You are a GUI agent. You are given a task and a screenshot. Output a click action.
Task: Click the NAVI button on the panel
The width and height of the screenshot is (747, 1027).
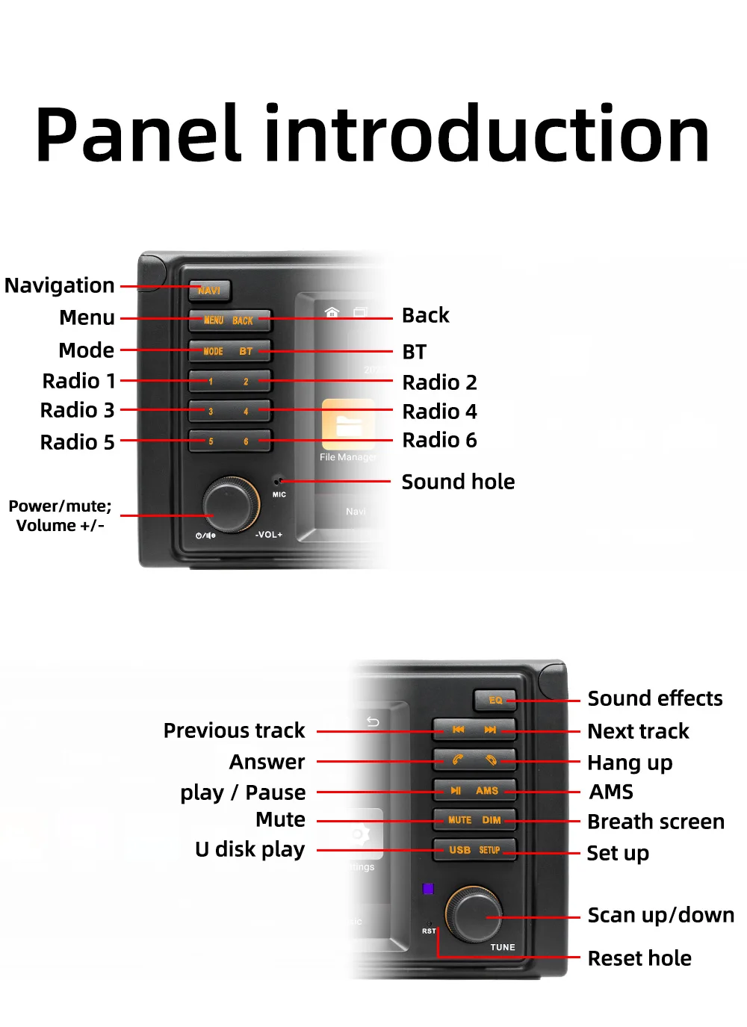click(x=209, y=290)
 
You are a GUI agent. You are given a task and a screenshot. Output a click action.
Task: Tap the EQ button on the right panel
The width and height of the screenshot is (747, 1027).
click(x=495, y=700)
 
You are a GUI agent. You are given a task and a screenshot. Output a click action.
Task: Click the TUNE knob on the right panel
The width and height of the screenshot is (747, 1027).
click(x=474, y=914)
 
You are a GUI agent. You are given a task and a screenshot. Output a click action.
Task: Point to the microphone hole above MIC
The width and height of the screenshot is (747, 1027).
click(x=279, y=481)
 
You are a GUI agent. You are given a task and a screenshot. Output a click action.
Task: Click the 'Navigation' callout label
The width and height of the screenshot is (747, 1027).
click(x=60, y=285)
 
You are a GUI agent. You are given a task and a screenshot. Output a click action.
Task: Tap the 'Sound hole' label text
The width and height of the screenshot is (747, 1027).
click(x=458, y=482)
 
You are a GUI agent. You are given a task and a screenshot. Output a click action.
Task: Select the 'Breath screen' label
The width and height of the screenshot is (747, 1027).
click(x=655, y=822)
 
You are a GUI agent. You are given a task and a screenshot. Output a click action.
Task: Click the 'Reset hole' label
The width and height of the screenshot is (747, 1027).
click(x=639, y=958)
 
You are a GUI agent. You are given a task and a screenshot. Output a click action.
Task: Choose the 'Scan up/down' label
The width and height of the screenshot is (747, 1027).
click(x=660, y=915)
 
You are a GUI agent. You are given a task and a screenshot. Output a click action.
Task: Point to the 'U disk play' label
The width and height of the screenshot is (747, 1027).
click(x=249, y=849)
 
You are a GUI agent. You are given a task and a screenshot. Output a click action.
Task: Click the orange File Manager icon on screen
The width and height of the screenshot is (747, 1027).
click(x=348, y=424)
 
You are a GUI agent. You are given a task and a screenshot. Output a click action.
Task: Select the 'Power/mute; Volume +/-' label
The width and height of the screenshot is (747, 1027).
click(x=60, y=515)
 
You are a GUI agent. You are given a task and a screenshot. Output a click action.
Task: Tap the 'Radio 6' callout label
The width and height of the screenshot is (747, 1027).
click(x=439, y=440)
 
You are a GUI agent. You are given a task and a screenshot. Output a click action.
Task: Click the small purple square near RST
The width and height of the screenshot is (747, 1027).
click(x=428, y=889)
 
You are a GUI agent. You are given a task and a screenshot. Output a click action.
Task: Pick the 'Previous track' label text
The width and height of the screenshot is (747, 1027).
click(x=234, y=730)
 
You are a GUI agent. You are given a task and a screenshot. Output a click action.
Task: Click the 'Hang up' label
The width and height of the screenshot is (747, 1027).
click(x=630, y=763)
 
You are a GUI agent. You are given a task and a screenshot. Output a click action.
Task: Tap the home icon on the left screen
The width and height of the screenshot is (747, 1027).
click(x=332, y=311)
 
